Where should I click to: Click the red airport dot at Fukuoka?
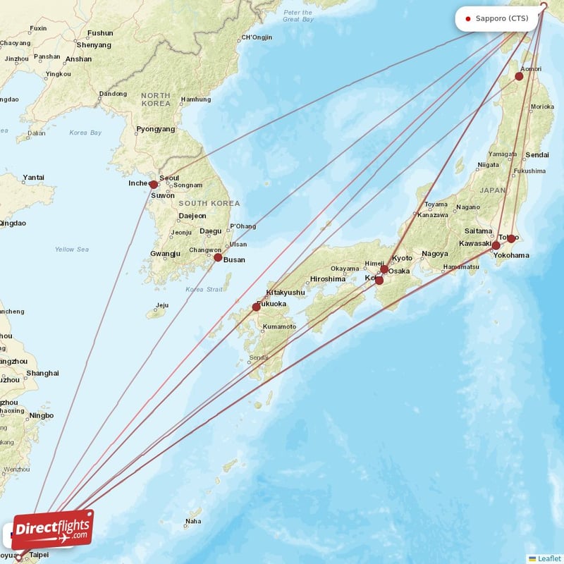[x=256, y=307]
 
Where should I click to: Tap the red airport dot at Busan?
[x=218, y=258]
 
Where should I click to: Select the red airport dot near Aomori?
[x=520, y=76]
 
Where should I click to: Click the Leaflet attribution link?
[x=548, y=558]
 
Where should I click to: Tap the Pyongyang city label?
[x=155, y=129]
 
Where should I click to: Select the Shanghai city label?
[x=42, y=373]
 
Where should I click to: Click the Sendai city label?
[x=537, y=154]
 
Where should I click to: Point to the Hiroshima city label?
[x=327, y=278]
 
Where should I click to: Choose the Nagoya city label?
[x=434, y=254]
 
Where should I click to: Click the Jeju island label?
[x=162, y=305]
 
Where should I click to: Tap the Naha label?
[x=192, y=522]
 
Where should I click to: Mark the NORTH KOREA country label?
[x=156, y=99]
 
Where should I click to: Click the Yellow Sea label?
[x=72, y=249]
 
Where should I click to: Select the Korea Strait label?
[x=204, y=289]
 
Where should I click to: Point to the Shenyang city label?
[x=95, y=45]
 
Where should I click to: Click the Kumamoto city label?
[x=278, y=326]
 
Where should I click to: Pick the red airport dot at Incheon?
[x=154, y=185]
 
